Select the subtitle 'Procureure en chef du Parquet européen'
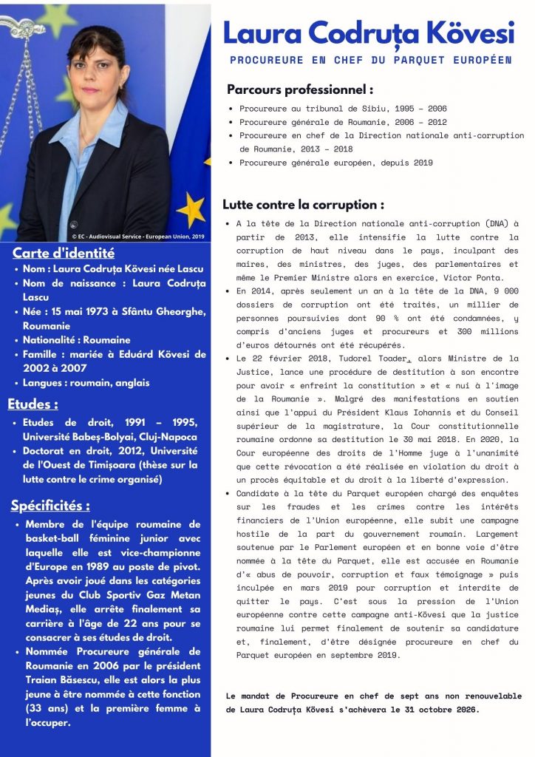coord(371,59)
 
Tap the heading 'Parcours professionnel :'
coord(299,90)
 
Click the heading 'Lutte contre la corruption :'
coord(303,205)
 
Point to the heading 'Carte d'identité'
coord(64,253)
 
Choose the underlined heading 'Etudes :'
coord(33,404)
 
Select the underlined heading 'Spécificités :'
coord(50,506)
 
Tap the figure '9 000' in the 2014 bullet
coord(504,291)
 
